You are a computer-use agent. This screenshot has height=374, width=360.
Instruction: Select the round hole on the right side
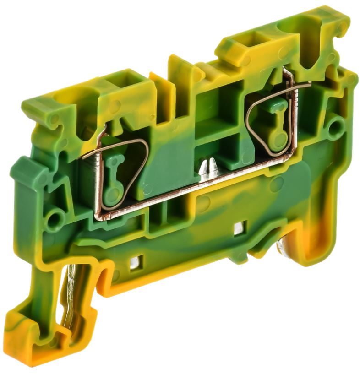point(337,125)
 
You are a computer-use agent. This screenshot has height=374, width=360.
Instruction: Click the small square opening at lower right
point(238,228)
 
